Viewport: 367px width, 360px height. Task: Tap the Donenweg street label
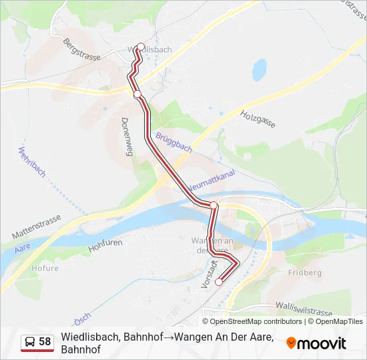(125, 137)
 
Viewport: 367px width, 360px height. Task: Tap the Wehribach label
(33, 161)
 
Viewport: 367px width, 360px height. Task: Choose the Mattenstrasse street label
(36, 227)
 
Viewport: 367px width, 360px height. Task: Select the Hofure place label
(45, 269)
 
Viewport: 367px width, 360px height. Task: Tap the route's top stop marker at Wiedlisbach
(141, 47)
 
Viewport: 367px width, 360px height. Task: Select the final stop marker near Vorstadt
(218, 282)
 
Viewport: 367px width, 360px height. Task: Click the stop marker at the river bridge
(214, 205)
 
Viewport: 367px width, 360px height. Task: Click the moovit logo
(316, 343)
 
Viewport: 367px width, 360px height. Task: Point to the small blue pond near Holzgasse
(259, 69)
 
